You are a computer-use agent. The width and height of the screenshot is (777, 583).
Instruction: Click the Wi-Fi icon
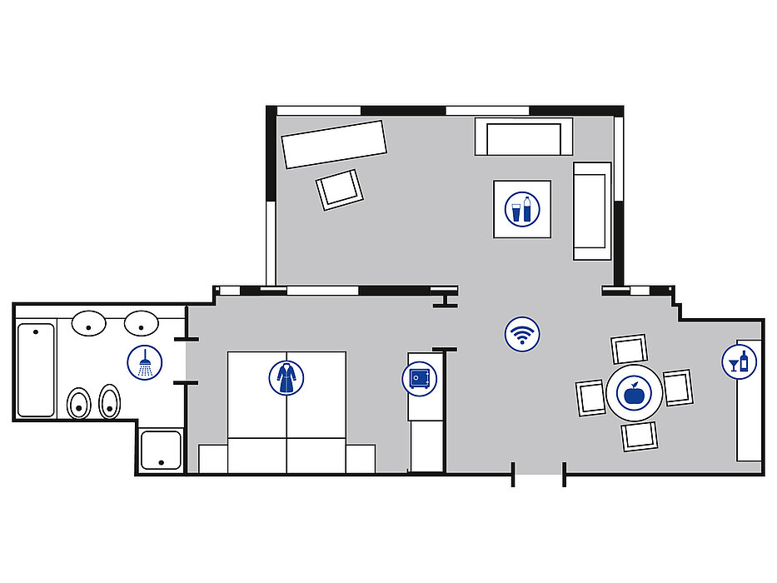pyautogui.click(x=522, y=335)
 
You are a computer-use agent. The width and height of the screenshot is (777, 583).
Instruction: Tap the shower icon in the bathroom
pyautogui.click(x=145, y=362)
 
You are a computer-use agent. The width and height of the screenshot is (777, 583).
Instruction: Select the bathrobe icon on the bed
pyautogui.click(x=286, y=377)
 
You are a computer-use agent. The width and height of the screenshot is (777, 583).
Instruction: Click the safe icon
pyautogui.click(x=419, y=378)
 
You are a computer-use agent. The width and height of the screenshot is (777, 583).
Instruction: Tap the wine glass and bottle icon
pyautogui.click(x=739, y=361)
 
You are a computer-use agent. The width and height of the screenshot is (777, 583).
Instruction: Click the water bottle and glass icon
pyautogui.click(x=522, y=209)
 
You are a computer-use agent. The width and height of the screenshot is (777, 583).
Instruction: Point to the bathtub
pyautogui.click(x=36, y=370)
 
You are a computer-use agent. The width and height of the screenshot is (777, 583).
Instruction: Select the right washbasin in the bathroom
pyautogui.click(x=142, y=322)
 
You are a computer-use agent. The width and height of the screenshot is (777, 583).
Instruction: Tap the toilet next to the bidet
pyautogui.click(x=79, y=404)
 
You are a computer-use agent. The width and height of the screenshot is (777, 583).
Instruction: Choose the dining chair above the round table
pyautogui.click(x=629, y=349)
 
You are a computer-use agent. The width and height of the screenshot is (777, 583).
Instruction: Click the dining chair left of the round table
pyautogui.click(x=590, y=396)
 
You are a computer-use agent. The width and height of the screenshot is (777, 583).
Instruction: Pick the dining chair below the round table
pyautogui.click(x=640, y=436)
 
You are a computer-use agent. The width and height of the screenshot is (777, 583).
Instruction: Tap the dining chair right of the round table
pyautogui.click(x=677, y=387)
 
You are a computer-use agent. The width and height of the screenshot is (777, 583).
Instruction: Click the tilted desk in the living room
pyautogui.click(x=335, y=144)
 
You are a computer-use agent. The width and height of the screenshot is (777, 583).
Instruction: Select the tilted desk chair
pyautogui.click(x=340, y=190)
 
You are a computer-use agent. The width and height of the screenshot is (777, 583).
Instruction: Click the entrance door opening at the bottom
pyautogui.click(x=539, y=477)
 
